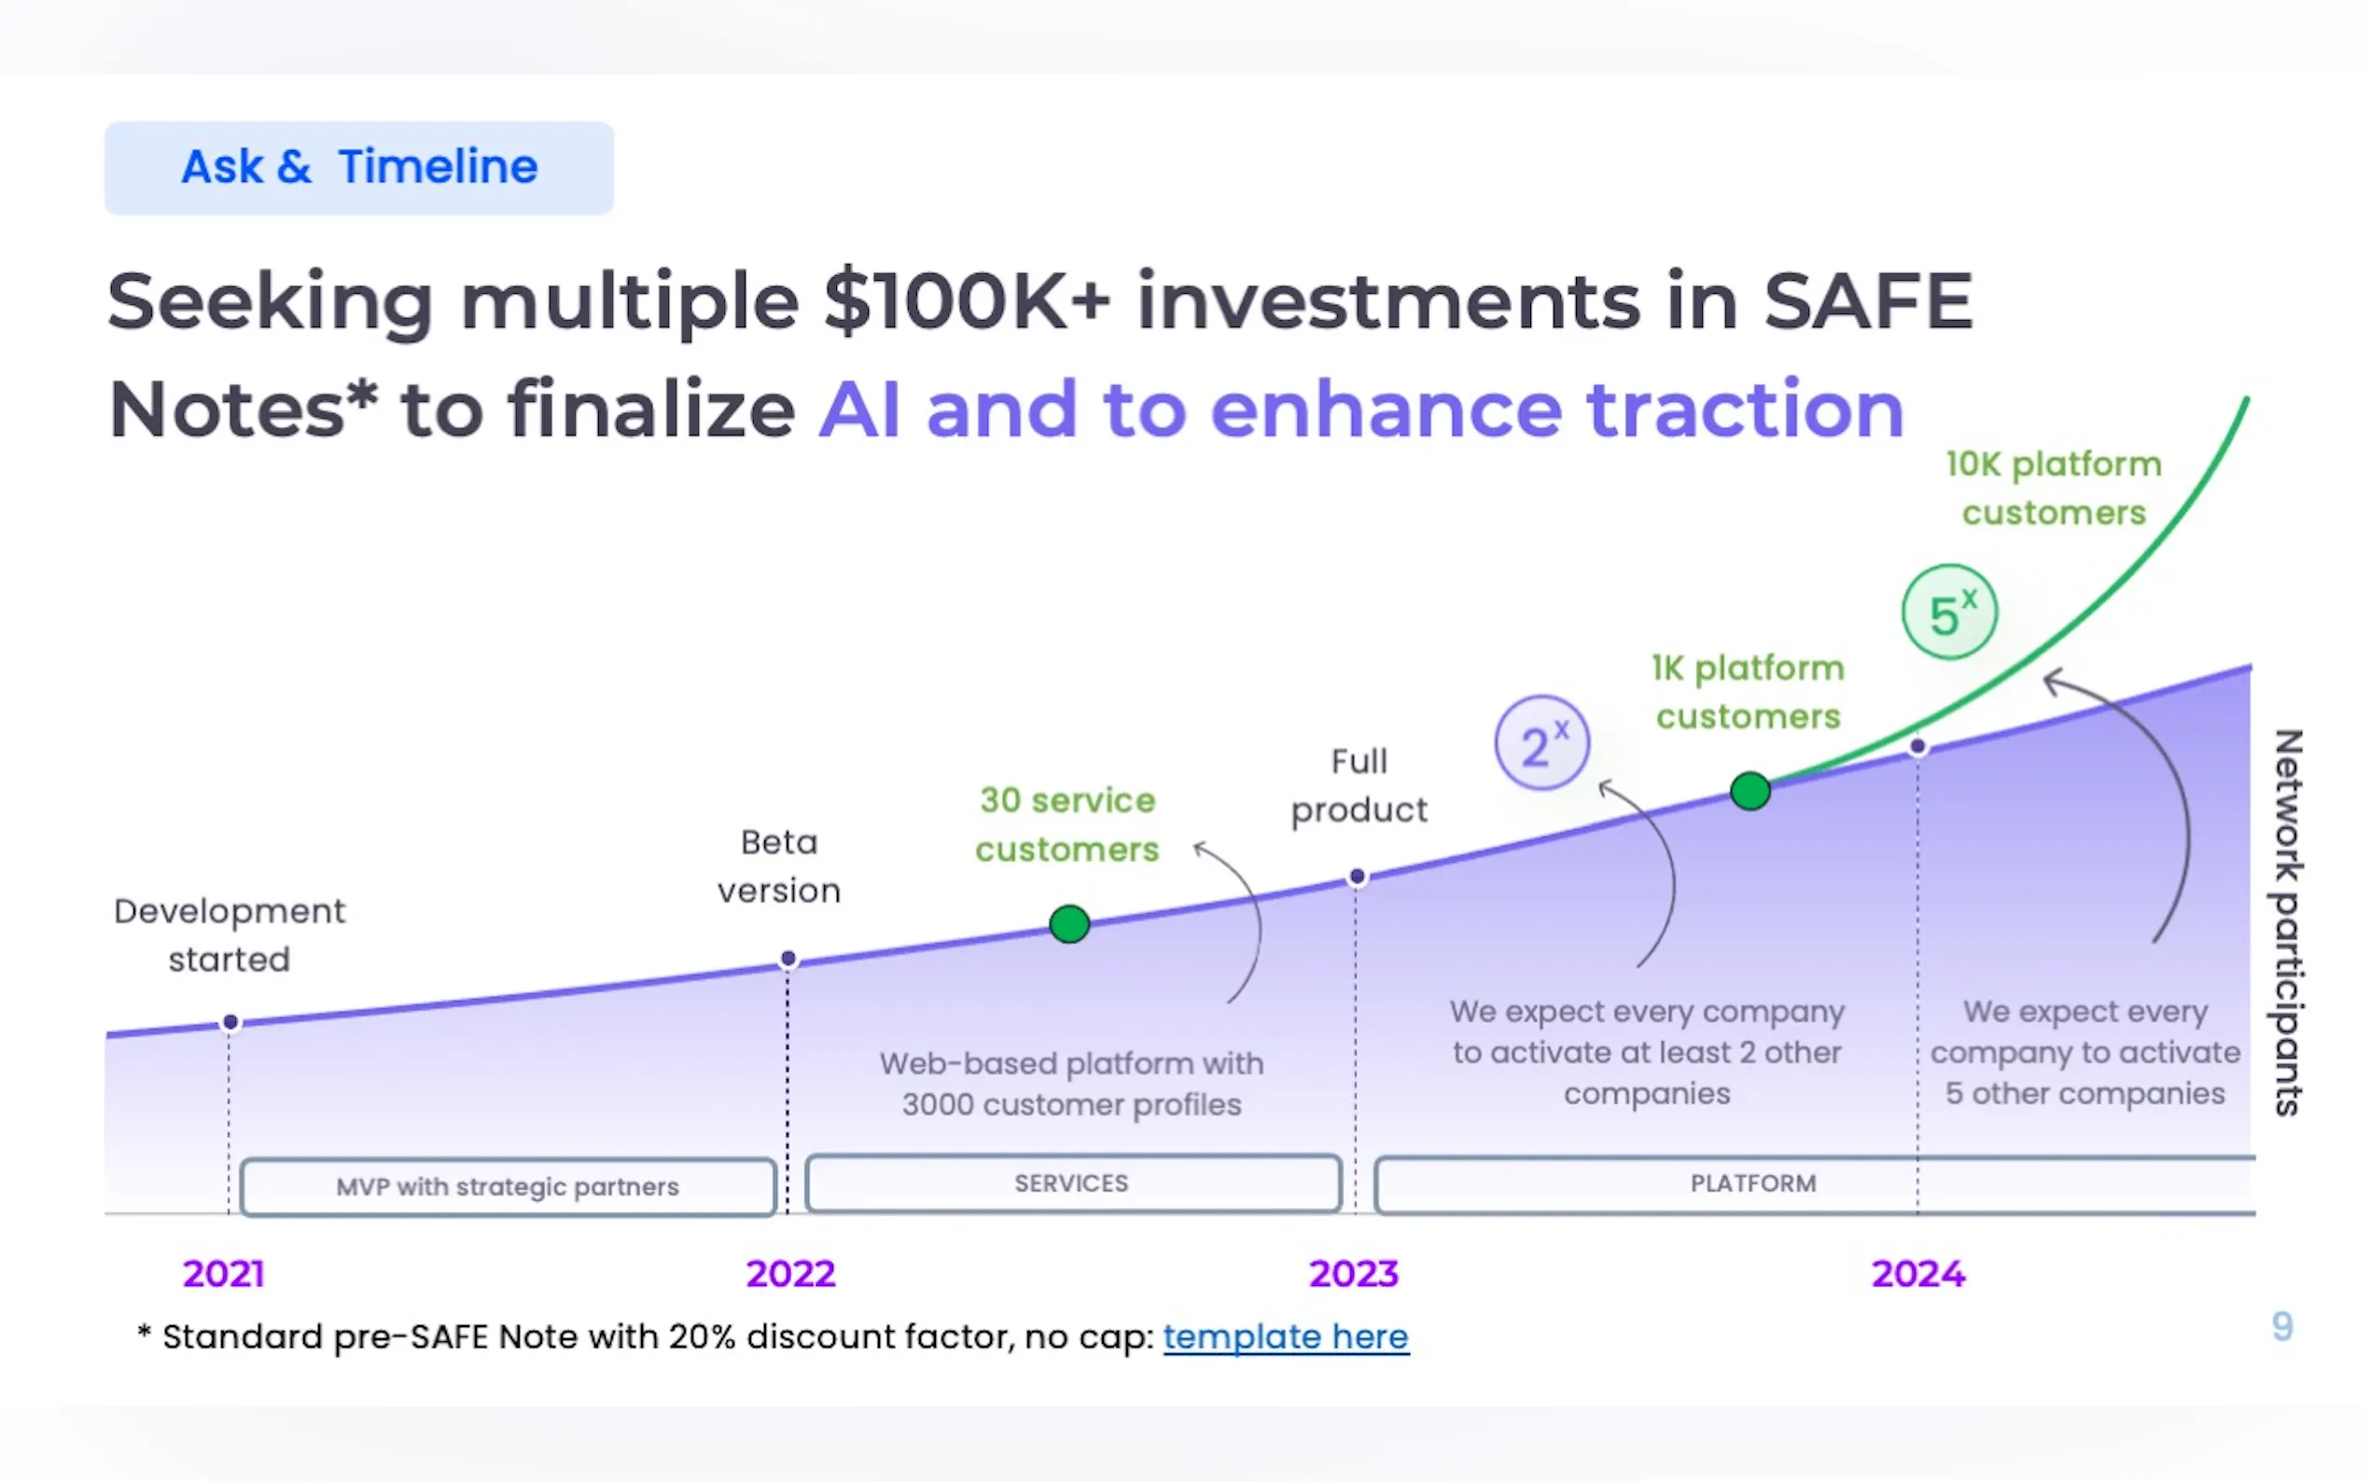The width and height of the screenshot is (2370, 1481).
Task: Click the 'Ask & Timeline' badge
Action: point(358,168)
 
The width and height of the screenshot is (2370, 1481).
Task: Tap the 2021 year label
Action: point(223,1273)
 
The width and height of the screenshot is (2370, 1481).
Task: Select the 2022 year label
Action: point(790,1273)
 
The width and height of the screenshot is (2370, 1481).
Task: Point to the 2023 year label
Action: point(1354,1273)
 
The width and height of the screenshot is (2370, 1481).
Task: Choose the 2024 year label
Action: point(1918,1273)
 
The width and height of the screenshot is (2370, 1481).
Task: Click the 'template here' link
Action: point(1287,1337)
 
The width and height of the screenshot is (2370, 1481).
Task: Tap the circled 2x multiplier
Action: point(1542,743)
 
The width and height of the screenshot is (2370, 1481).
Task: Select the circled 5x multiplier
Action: point(1950,612)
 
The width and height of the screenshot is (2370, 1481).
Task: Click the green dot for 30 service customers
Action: point(1069,923)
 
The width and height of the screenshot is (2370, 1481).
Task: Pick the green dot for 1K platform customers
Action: point(1750,791)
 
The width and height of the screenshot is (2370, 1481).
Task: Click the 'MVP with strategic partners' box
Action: point(508,1187)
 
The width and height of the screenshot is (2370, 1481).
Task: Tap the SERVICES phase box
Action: point(1073,1183)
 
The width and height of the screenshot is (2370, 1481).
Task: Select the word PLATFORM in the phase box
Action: point(1752,1183)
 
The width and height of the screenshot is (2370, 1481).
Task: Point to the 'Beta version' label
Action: point(779,865)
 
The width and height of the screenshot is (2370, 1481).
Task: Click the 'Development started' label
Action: point(230,934)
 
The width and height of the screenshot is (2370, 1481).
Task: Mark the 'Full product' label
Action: point(1359,785)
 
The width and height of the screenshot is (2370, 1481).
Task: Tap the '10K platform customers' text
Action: point(2054,488)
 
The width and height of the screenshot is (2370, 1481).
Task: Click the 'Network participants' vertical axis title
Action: point(2288,922)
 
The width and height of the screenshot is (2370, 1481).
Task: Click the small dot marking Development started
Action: point(230,1022)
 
